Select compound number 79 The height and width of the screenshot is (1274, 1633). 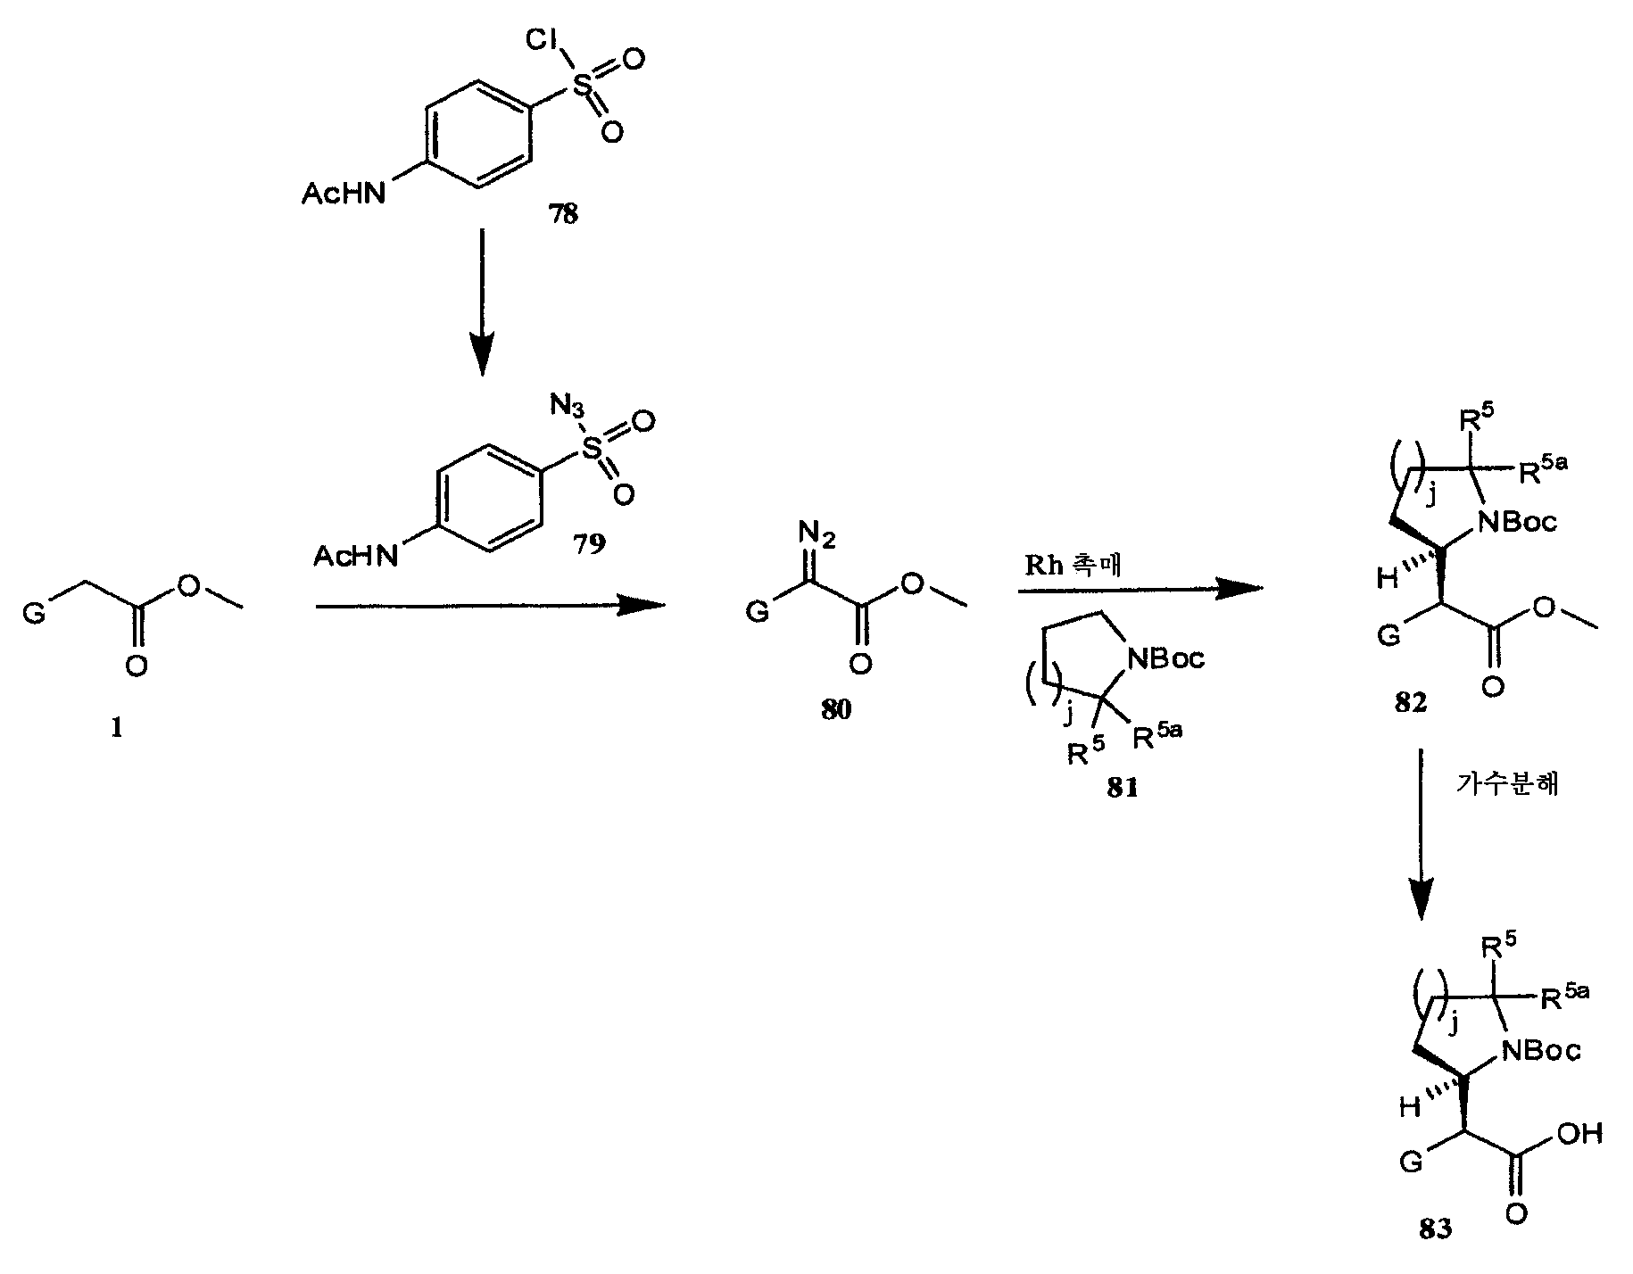[588, 544]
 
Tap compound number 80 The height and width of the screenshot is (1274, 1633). [835, 709]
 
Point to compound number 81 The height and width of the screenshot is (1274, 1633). [1123, 789]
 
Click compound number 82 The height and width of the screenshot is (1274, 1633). [1411, 702]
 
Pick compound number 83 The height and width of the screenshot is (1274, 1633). [1435, 1228]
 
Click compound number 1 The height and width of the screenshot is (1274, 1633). [116, 728]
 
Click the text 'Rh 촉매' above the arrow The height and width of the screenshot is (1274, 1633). [1073, 567]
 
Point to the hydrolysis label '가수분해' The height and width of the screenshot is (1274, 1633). [1507, 784]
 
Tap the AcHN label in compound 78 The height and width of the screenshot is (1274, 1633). [344, 194]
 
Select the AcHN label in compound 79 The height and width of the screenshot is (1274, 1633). [355, 557]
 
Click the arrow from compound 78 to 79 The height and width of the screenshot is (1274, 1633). [481, 303]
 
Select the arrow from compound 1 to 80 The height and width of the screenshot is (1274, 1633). [492, 606]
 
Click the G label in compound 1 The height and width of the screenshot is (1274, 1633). [33, 613]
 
